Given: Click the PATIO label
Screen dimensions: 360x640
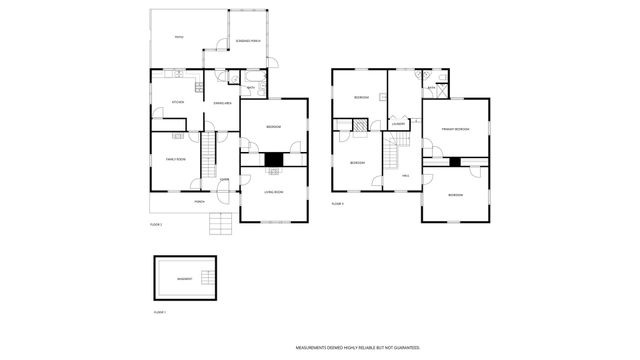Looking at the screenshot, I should (x=178, y=38).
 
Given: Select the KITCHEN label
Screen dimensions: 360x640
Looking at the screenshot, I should (x=177, y=102).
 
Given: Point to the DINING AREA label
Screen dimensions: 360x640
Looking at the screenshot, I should (x=223, y=102).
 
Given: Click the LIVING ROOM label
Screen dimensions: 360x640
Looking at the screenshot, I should (x=274, y=191).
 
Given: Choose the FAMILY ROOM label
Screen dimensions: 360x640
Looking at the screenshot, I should (x=176, y=159).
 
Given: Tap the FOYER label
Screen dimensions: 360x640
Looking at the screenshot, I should (x=225, y=180).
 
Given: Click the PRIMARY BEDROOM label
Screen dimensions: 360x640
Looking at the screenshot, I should (x=455, y=129).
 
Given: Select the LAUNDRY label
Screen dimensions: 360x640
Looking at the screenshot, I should (x=397, y=123).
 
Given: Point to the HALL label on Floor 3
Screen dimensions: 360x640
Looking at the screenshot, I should (x=406, y=174).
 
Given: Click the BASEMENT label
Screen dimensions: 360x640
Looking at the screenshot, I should (x=184, y=279).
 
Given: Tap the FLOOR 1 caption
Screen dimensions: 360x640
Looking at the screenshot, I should (x=159, y=313).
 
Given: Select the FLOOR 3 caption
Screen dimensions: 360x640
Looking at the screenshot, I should (x=337, y=203).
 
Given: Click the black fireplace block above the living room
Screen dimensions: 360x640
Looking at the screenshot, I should (x=274, y=159).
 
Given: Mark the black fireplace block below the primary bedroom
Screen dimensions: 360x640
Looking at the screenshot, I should (x=455, y=161).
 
